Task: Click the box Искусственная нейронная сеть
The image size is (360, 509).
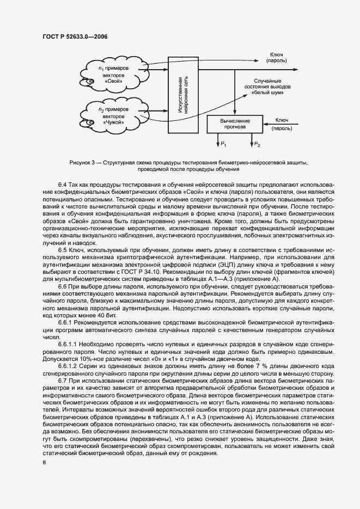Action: [182, 95]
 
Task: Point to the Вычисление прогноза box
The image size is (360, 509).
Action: [235, 124]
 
